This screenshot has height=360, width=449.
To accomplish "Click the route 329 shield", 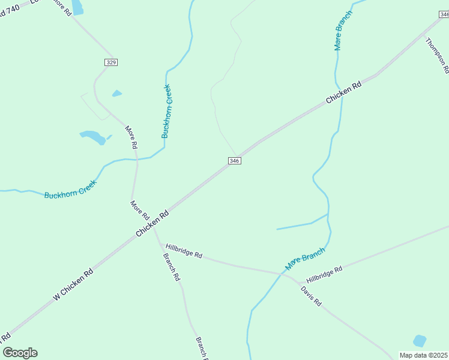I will (x=110, y=62).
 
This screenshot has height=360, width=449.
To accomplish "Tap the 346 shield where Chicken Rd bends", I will (x=235, y=161).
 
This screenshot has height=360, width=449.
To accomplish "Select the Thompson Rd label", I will (x=437, y=55).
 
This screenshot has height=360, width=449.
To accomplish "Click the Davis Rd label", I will (x=312, y=296).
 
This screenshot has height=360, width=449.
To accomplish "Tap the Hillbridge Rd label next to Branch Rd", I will (x=184, y=251).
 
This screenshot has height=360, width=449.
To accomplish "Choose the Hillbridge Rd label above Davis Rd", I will (x=324, y=275).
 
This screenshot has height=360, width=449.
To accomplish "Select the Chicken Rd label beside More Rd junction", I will (x=152, y=223).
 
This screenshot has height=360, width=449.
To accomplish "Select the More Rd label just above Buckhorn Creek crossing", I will (x=131, y=137).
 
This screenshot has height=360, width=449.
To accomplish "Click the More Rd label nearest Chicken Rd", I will (x=140, y=211).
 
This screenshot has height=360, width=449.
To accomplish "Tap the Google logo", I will (x=20, y=353).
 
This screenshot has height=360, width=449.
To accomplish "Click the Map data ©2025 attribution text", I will (x=423, y=355).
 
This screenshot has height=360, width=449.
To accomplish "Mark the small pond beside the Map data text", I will (x=420, y=341).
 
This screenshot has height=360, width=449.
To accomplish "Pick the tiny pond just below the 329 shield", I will (x=117, y=94).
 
